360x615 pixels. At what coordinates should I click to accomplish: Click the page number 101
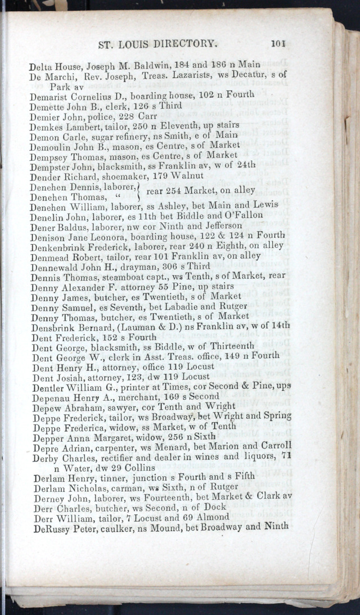pyautogui.click(x=279, y=42)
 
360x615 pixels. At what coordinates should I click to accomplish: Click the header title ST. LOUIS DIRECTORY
pyautogui.click(x=157, y=43)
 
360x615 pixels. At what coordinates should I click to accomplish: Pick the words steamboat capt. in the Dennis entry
pyautogui.click(x=131, y=276)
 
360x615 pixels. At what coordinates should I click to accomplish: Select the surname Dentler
pyautogui.click(x=49, y=387)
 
